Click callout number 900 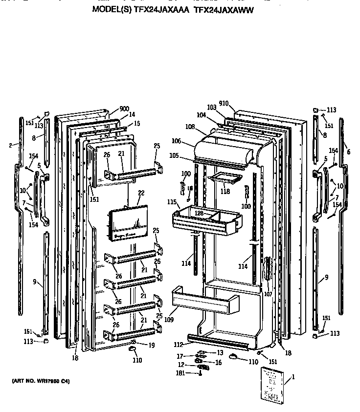pos(124,109)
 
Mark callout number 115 pos(172,202)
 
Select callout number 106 pos(177,141)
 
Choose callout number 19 pos(138,345)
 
